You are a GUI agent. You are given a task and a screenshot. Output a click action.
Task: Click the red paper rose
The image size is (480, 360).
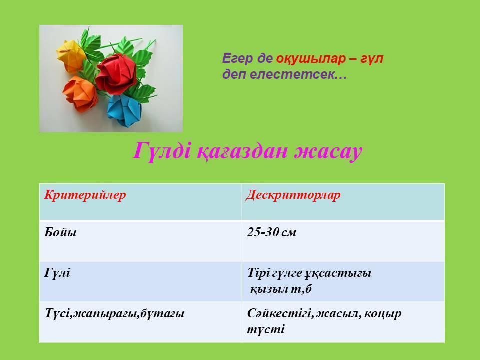coord(116,74)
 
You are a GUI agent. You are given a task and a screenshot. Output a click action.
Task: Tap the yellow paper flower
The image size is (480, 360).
coord(71,56)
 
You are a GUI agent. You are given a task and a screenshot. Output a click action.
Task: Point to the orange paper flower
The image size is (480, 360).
coord(80,93)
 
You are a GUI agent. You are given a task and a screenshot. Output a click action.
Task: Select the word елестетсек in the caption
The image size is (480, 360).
coord(298,74)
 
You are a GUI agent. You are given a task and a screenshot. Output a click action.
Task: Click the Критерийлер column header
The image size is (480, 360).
coord(85,195)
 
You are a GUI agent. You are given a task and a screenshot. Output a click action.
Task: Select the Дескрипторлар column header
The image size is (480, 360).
coord(293,195)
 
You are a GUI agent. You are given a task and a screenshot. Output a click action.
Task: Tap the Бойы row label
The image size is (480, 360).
coord(60,232)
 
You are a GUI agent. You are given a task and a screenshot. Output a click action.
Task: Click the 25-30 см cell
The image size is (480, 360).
coord(272,232)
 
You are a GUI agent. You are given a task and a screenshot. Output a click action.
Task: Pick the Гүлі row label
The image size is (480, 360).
coord(57,272)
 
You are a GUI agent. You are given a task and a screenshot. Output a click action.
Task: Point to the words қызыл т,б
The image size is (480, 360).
coord(281,289)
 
